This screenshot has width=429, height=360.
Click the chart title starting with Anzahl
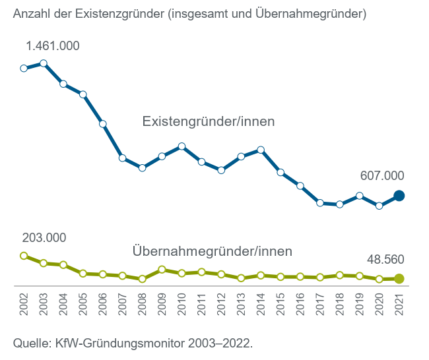[x=189, y=13]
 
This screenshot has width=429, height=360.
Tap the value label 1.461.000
[x=53, y=46]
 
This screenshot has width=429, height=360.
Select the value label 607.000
[x=382, y=175]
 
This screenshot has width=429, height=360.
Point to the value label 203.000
[x=44, y=238]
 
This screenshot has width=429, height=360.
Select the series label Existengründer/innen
[x=209, y=121]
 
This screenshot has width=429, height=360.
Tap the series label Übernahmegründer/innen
[x=212, y=251]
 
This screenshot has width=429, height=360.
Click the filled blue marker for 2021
[x=399, y=196]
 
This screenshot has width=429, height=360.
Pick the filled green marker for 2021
[x=399, y=279]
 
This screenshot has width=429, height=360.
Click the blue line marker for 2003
[x=44, y=63]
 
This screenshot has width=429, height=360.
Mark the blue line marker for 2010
[x=181, y=146]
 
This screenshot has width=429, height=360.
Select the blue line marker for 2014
[x=261, y=150]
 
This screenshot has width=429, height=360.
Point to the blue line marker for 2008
[x=142, y=168]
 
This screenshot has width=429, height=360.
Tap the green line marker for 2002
[x=24, y=256]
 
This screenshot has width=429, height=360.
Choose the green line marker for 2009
[x=162, y=270]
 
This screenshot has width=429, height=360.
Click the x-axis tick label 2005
[x=83, y=304]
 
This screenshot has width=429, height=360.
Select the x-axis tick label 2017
[x=320, y=304]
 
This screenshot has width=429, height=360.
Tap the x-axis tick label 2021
[x=399, y=304]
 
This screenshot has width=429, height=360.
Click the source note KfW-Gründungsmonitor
[x=133, y=344]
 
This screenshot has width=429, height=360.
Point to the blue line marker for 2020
[x=379, y=206]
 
